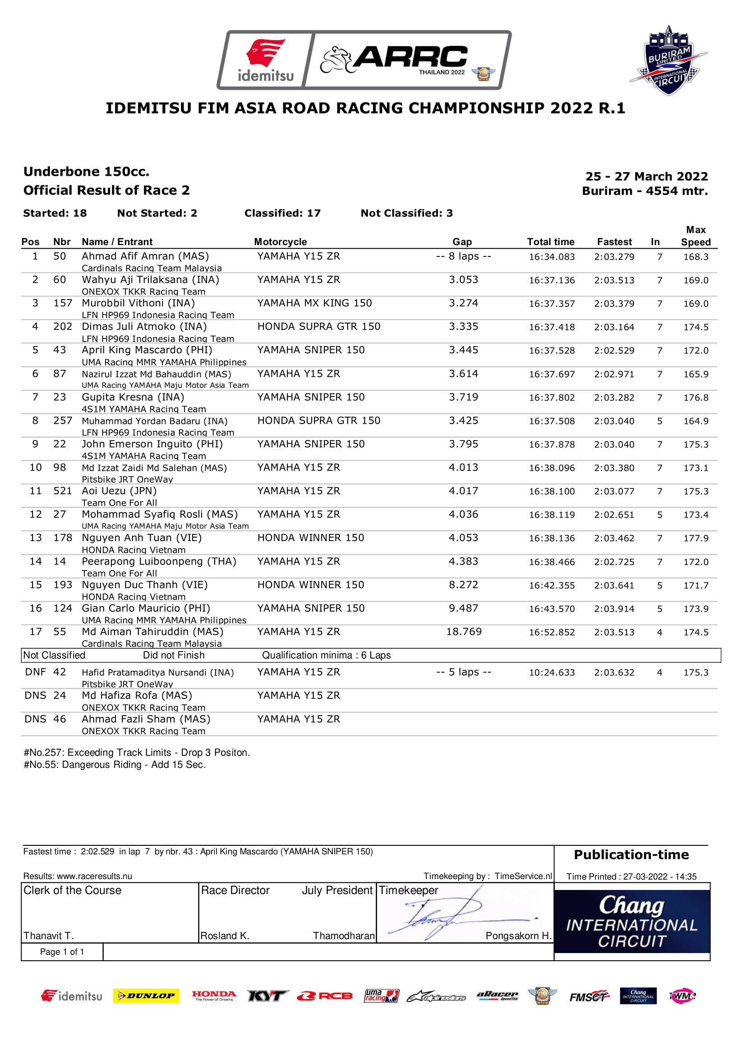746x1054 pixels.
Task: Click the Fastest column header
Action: click(614, 242)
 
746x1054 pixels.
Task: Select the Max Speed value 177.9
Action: click(695, 538)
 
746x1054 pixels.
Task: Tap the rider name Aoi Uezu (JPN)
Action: click(119, 491)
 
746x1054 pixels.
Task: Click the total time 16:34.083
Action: click(551, 256)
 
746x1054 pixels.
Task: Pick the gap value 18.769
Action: click(464, 632)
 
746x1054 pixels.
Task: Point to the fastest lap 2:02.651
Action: click(614, 515)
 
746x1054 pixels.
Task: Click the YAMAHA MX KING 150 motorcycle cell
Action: click(314, 303)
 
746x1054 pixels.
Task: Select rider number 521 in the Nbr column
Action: click(63, 491)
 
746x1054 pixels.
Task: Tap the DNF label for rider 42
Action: click(35, 672)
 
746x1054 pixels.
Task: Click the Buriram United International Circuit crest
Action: click(668, 61)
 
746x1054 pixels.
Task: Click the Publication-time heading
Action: click(631, 855)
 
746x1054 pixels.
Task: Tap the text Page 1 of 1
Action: click(62, 952)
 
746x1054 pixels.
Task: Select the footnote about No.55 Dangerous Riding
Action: click(115, 765)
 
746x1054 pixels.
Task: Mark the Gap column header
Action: click(462, 242)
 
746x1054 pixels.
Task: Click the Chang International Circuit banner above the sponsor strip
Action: click(631, 922)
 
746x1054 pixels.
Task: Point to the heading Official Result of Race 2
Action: click(106, 190)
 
